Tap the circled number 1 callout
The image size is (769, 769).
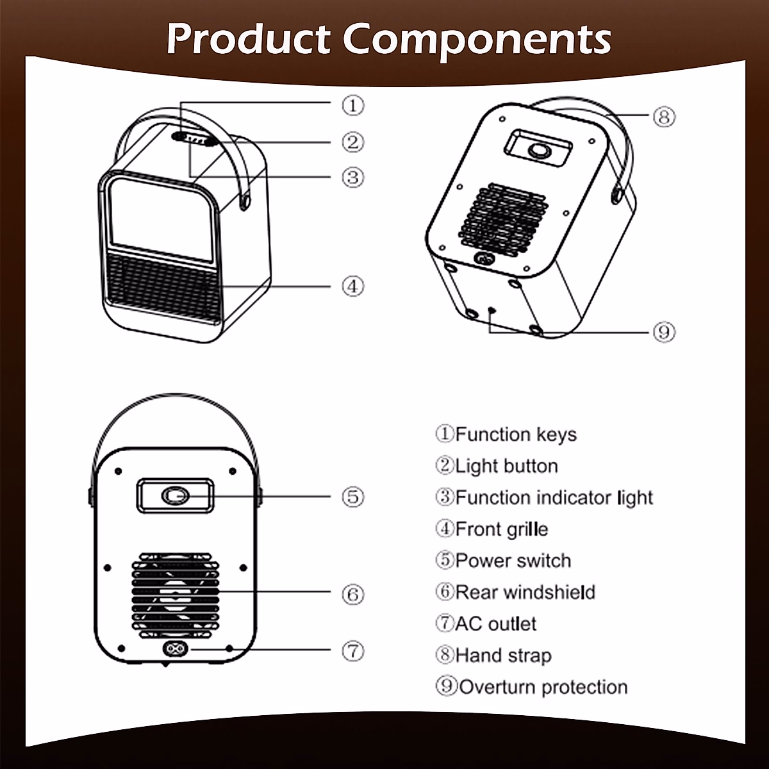tap(352, 105)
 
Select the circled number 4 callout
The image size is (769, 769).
tap(352, 286)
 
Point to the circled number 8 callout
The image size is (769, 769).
tap(664, 117)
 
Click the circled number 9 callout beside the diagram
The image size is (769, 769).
tap(664, 332)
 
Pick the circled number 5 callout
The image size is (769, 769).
tap(352, 497)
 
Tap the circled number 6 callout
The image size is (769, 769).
tap(352, 594)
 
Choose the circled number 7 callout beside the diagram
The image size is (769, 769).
tap(352, 651)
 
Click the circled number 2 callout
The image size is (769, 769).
tap(352, 142)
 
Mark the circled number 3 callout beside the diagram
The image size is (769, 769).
tap(352, 176)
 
